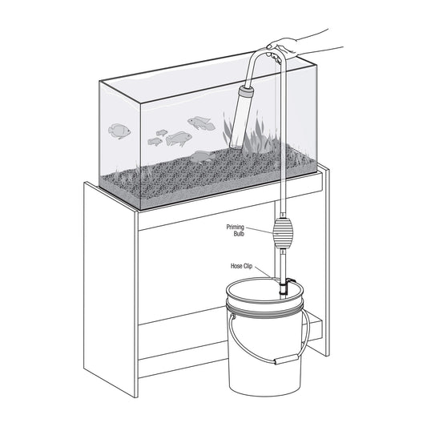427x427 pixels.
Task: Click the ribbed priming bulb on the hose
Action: pyautogui.click(x=283, y=233)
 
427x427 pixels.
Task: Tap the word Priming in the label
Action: pyautogui.click(x=236, y=227)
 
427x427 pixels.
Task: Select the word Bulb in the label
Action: pyautogui.click(x=239, y=234)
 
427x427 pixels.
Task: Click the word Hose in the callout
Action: pyautogui.click(x=236, y=266)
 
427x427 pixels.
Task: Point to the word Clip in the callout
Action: pyautogui.click(x=248, y=266)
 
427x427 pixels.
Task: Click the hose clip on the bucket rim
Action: pyautogui.click(x=284, y=287)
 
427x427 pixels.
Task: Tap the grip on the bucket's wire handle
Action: pyautogui.click(x=286, y=359)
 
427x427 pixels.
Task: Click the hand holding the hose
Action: pyautogui.click(x=284, y=50)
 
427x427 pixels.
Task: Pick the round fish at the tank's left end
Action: pyautogui.click(x=119, y=131)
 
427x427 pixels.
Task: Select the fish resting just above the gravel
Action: pyautogui.click(x=202, y=157)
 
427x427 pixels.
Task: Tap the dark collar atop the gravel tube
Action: pyautogui.click(x=246, y=92)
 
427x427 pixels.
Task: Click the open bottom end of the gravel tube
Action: pyautogui.click(x=236, y=147)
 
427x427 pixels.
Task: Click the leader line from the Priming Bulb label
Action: pyautogui.click(x=260, y=231)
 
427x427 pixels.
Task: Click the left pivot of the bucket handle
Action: pyautogui.click(x=232, y=316)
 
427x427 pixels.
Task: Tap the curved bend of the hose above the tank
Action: pyautogui.click(x=268, y=54)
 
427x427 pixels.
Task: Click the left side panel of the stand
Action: pyautogui.click(x=110, y=289)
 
